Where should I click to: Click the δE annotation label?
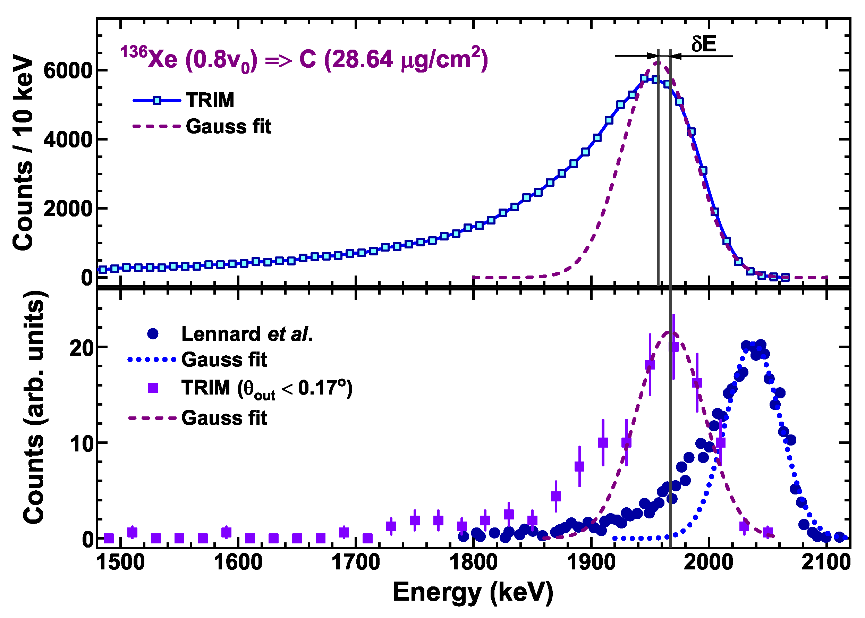coord(704,44)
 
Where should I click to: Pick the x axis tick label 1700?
coord(355,562)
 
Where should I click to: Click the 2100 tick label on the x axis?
coord(825,562)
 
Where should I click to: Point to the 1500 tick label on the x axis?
coord(121,562)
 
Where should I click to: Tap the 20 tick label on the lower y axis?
coord(81,348)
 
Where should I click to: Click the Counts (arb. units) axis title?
coord(34,407)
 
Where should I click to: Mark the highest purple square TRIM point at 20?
coord(673,347)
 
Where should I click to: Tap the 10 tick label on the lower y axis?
coord(81,443)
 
